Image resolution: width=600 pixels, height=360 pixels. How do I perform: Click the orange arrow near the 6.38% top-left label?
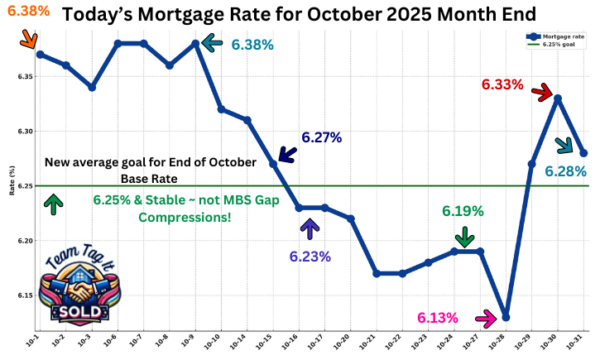click(27, 37)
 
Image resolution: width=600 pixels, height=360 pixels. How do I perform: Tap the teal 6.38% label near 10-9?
click(252, 45)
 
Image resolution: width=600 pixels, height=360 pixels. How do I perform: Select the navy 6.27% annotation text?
click(321, 137)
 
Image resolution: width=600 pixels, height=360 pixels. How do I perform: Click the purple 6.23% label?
click(310, 257)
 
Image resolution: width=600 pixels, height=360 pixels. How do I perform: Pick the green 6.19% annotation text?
click(463, 211)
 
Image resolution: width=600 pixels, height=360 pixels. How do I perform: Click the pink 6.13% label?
click(438, 318)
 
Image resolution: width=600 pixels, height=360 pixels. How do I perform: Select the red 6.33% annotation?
click(502, 84)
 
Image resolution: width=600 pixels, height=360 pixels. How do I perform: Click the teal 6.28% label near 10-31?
click(565, 171)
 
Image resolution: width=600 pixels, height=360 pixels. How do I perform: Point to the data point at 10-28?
click(506, 317)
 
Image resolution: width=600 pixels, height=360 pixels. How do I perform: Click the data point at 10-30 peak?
click(559, 98)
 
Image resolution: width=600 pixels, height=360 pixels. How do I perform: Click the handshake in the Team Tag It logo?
click(76, 290)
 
